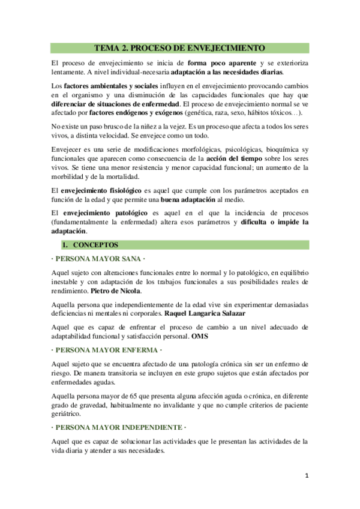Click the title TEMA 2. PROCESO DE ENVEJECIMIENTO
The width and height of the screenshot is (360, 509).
179,48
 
